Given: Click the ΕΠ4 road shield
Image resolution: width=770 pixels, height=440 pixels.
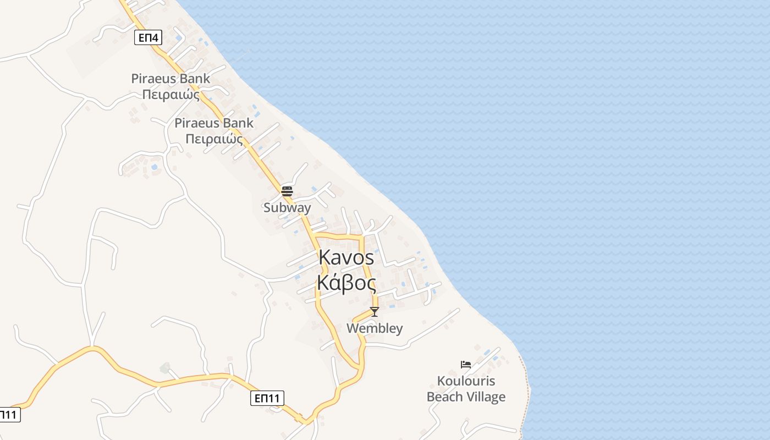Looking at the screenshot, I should click(x=148, y=37).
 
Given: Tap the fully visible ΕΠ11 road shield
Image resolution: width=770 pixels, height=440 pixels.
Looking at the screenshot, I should click(x=267, y=398).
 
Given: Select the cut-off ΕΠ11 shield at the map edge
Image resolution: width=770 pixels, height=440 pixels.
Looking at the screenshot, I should click(x=9, y=414).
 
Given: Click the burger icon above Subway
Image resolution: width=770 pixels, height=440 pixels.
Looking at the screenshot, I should click(x=287, y=191).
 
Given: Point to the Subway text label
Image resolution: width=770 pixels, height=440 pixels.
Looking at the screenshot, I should click(x=287, y=208).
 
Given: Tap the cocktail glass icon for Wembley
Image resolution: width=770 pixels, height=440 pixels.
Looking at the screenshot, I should click(x=375, y=312).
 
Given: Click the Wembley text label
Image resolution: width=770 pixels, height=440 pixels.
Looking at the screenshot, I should click(x=375, y=328).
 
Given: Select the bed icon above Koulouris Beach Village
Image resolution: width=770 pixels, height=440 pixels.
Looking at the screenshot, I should click(x=466, y=364).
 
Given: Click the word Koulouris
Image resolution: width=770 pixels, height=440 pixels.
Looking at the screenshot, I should click(x=466, y=381).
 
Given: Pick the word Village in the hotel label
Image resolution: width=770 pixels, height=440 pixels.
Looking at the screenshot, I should click(x=485, y=397).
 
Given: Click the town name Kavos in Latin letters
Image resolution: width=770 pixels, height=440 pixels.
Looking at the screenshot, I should click(x=346, y=257).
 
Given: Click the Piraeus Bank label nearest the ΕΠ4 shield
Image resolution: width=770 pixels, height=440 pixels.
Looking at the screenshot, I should click(x=170, y=79).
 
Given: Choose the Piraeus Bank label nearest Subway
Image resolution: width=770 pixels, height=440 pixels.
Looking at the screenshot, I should click(x=214, y=123).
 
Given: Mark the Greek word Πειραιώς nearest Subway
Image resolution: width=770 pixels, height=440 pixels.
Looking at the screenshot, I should click(x=214, y=139).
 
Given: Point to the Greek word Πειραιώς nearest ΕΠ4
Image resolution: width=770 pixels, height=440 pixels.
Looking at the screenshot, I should click(x=170, y=95).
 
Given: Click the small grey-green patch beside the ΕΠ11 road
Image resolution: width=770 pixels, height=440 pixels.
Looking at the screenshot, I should click(x=164, y=367).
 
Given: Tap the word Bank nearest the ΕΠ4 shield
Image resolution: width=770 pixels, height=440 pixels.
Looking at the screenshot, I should click(x=195, y=79).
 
